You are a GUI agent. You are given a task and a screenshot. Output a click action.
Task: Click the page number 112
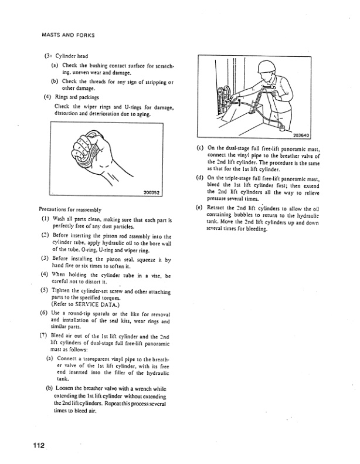pyautogui.click(x=39, y=446)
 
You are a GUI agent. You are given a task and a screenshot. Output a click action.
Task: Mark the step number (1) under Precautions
pyautogui.click(x=43, y=219)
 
